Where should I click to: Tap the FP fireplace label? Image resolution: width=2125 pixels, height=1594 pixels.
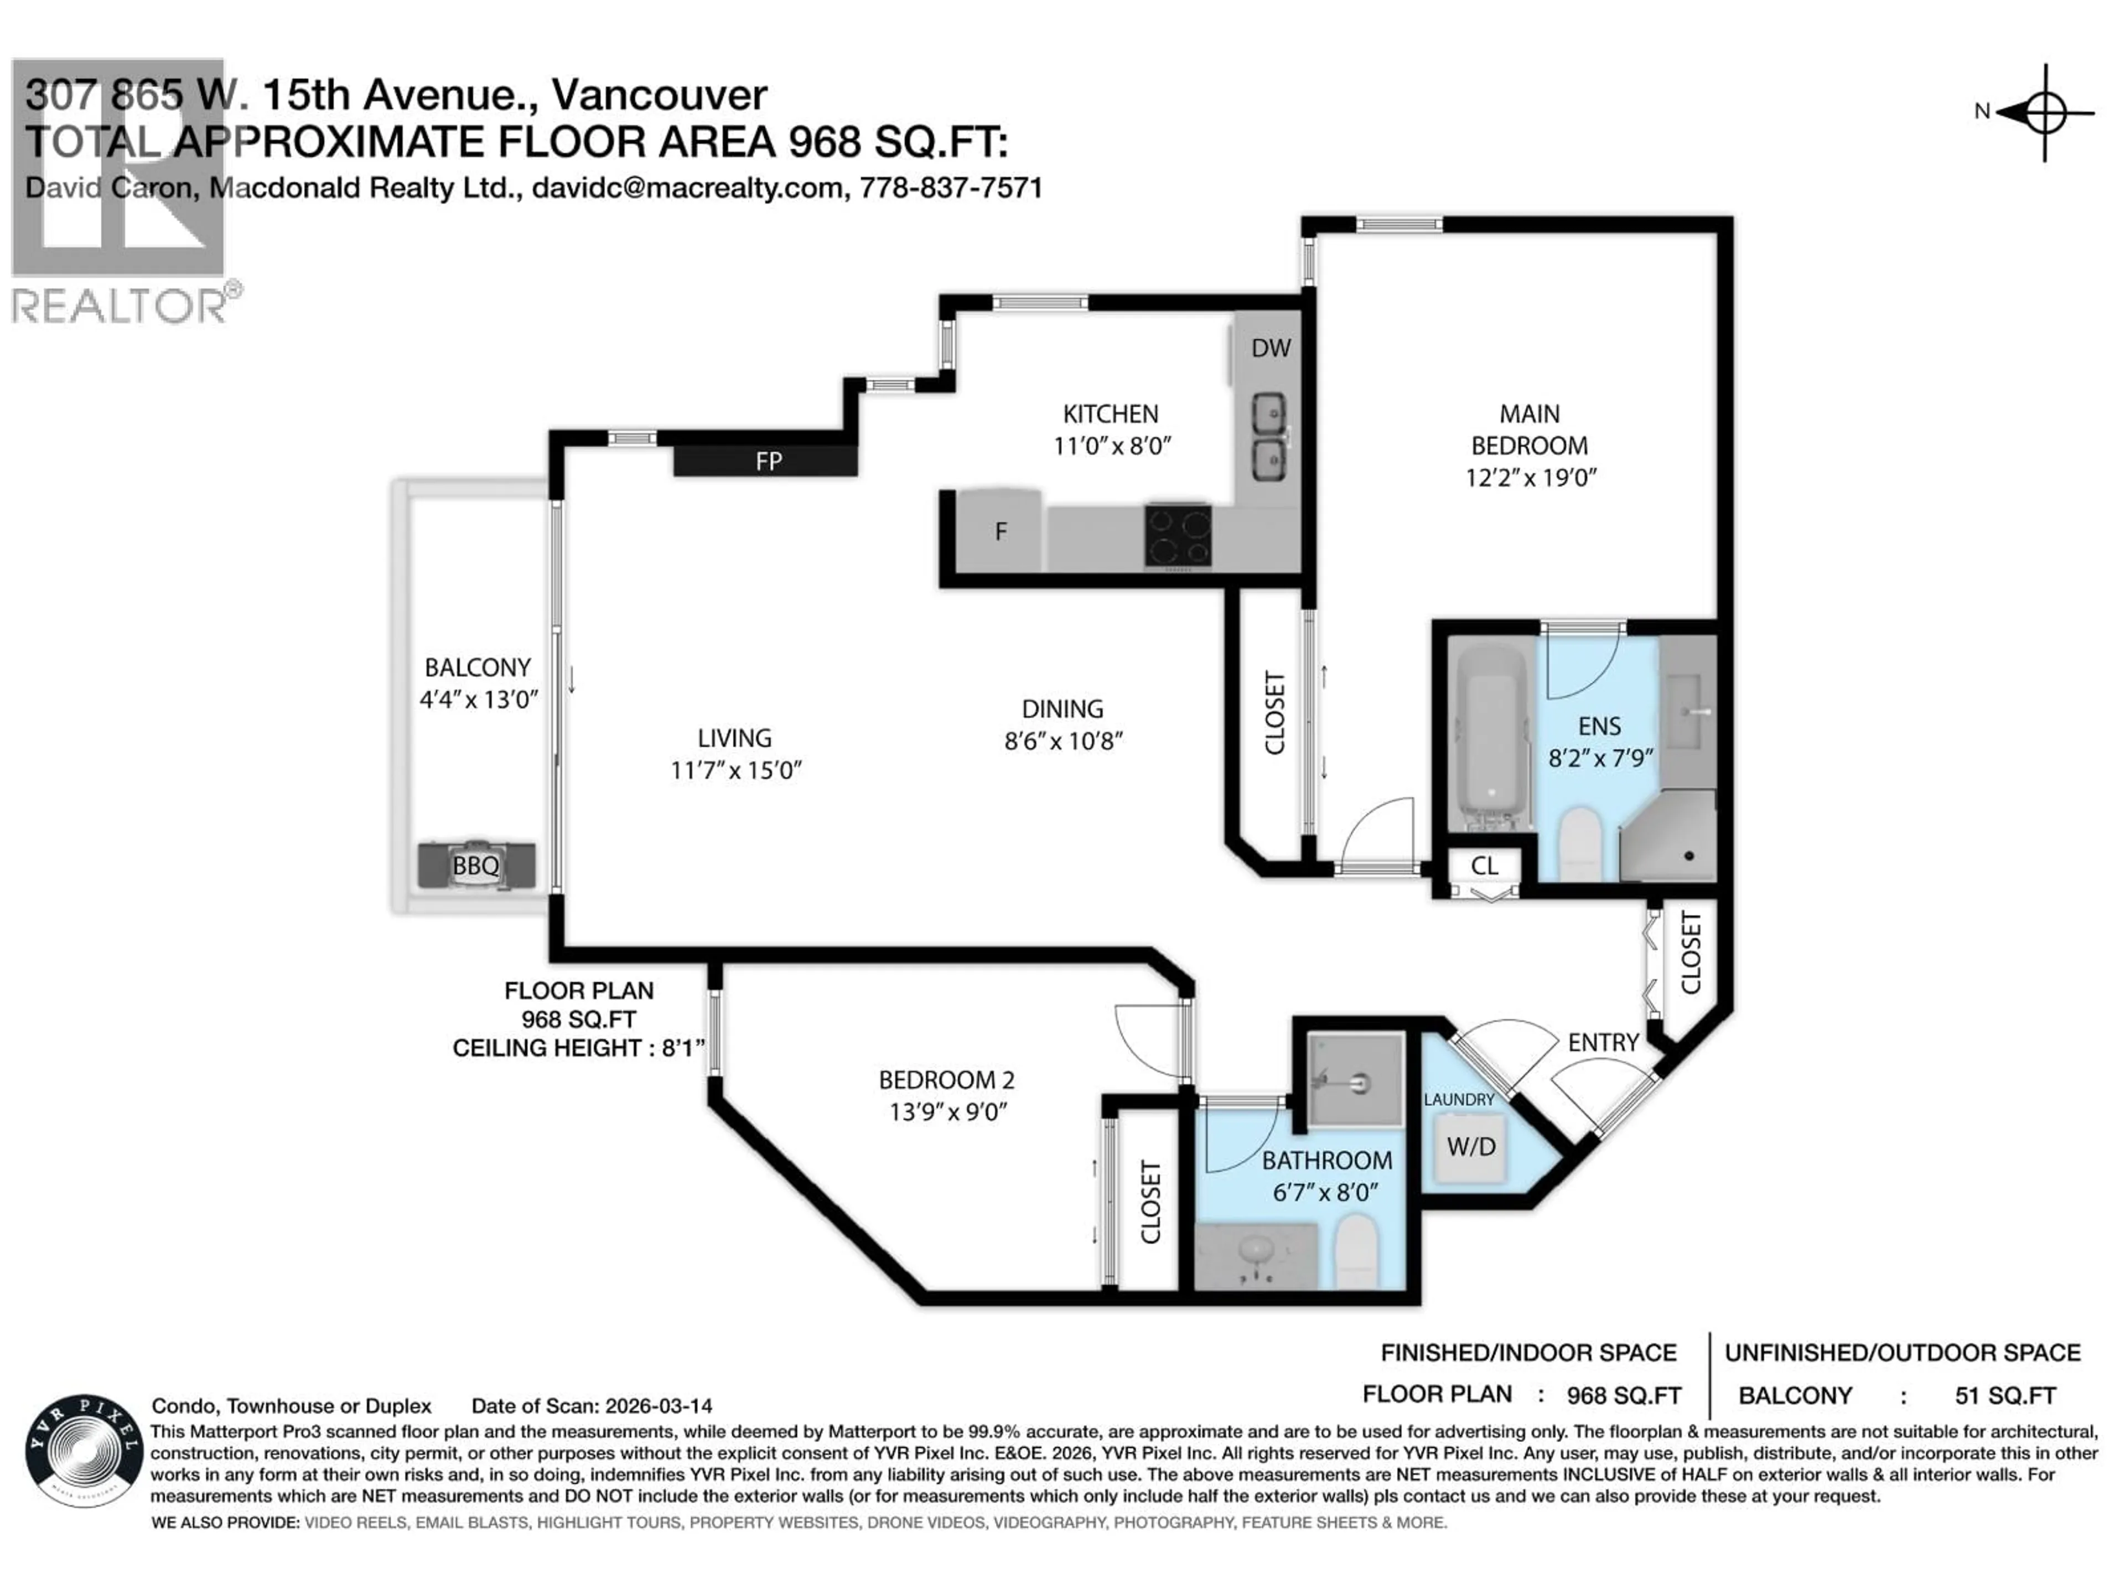click(x=768, y=461)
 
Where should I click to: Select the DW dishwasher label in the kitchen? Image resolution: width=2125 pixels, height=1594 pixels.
click(x=1270, y=348)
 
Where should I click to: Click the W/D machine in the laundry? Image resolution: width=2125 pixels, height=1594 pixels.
click(x=1470, y=1146)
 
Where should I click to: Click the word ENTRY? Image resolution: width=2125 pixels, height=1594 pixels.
click(x=1603, y=1043)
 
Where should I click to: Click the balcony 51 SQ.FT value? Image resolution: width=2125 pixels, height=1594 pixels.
click(x=2005, y=1395)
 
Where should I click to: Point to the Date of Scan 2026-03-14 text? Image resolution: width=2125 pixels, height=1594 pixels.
click(x=591, y=1406)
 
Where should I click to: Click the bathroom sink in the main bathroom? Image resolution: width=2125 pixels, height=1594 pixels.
click(x=1257, y=1252)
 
